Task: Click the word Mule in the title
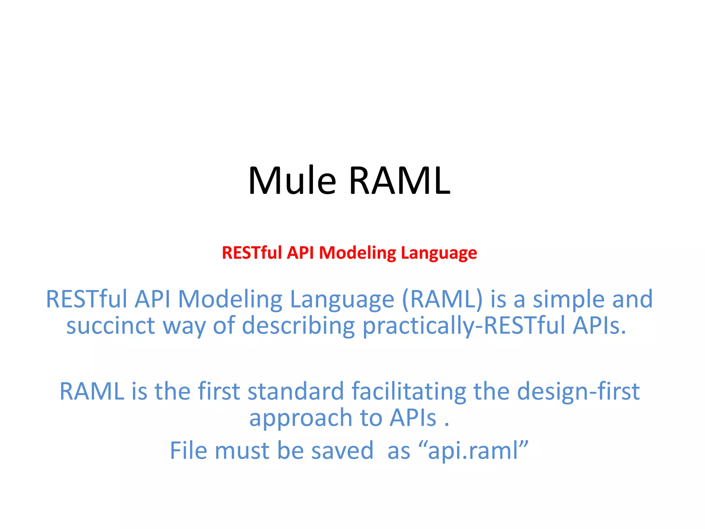(292, 181)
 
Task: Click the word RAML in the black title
(399, 181)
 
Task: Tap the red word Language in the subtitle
(439, 253)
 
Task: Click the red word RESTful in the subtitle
(252, 253)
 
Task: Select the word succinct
(111, 326)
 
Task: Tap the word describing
(298, 326)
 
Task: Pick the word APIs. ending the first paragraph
(599, 326)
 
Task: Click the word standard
(296, 392)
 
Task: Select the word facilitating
(409, 392)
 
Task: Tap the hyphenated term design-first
(578, 392)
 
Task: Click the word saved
(342, 451)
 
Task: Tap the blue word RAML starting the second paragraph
(92, 392)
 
